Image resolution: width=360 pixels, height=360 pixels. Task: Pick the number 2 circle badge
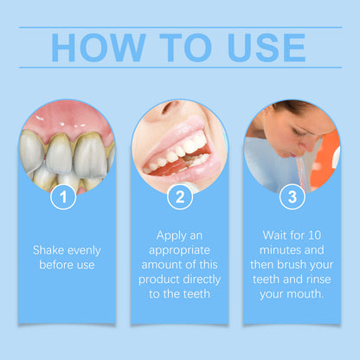(x=179, y=197)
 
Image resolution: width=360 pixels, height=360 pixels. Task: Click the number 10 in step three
(x=320, y=234)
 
